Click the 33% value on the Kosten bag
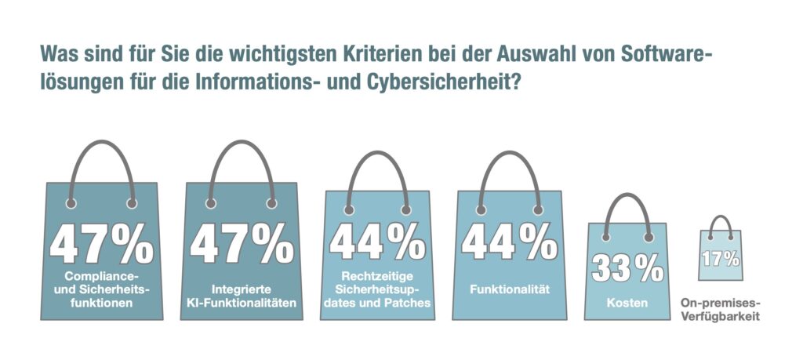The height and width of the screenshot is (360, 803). (x=627, y=267)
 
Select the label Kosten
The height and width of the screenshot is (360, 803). (x=627, y=301)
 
